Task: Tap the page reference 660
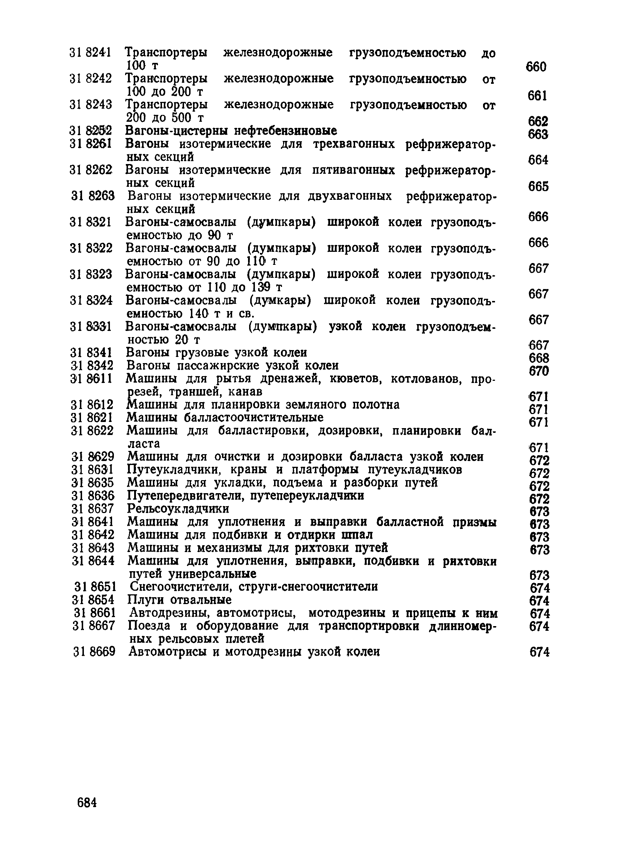(x=536, y=67)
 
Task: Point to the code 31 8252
(x=91, y=131)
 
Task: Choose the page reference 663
(x=538, y=134)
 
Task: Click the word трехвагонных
(x=354, y=144)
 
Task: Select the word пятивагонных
(x=353, y=170)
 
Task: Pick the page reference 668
(x=539, y=358)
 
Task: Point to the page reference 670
(x=539, y=371)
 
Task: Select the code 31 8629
(x=93, y=457)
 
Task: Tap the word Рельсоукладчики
(x=178, y=509)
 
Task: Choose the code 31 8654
(x=93, y=599)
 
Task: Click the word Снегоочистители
(x=179, y=587)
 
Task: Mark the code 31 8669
(x=94, y=651)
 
